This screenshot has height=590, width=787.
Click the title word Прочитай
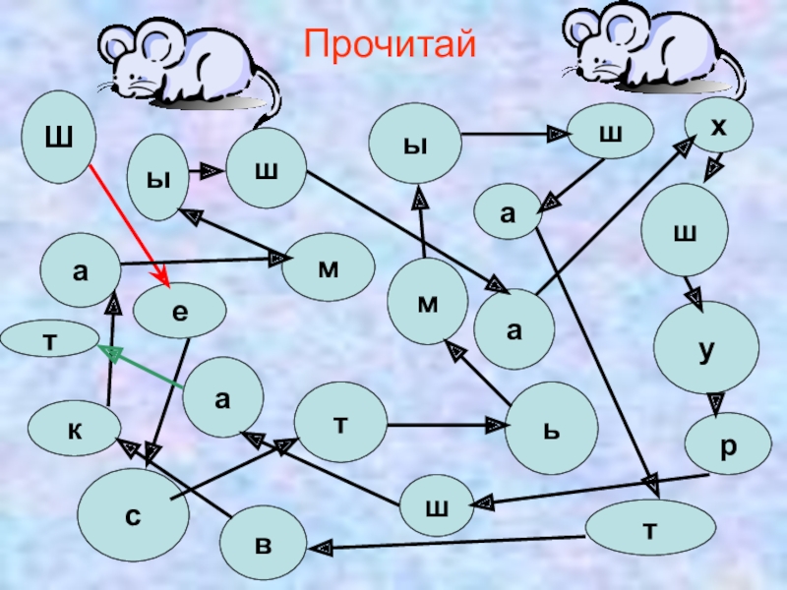391,44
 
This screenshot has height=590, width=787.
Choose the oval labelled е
179,313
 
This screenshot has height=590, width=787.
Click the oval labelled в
263,543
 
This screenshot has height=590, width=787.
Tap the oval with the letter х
718,125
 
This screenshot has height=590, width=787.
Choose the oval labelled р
727,443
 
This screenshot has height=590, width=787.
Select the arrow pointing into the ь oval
443,427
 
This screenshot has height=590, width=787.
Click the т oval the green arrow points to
47,340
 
